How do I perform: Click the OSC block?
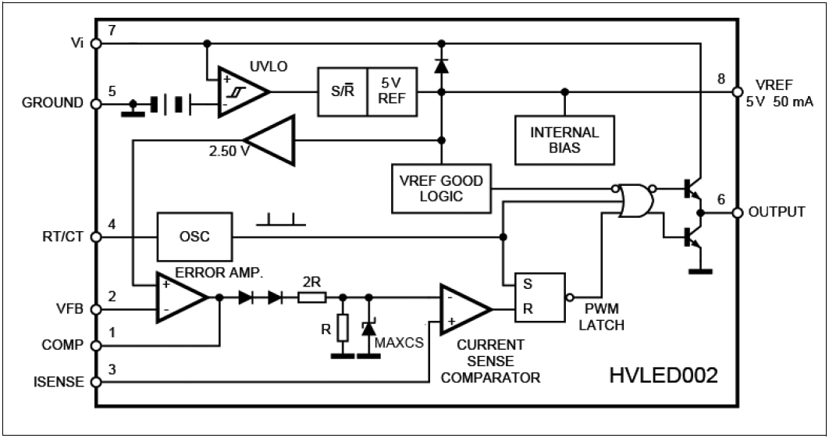coord(194,237)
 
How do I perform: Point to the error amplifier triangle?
coord(180,297)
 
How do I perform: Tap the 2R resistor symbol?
coord(311,297)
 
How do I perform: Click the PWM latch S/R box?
coord(538,297)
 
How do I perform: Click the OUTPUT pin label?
coord(776,212)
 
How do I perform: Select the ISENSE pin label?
coord(59,383)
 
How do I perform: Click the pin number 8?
coord(720,78)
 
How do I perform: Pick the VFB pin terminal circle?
coord(97,309)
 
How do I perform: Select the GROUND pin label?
coord(52,103)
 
